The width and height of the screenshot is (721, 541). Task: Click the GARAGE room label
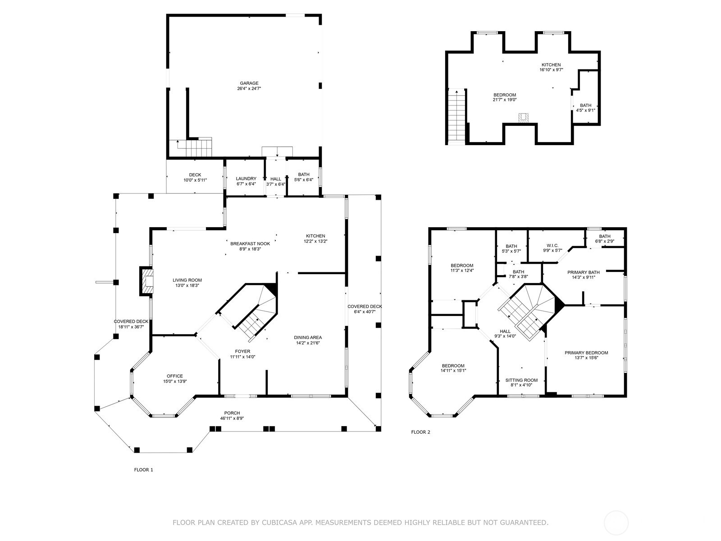[249, 83]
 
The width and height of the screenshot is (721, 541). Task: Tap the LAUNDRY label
[246, 179]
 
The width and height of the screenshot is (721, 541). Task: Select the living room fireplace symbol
[147, 281]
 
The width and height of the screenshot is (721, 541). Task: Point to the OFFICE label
[175, 376]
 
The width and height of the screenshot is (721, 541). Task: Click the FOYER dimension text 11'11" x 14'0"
[242, 357]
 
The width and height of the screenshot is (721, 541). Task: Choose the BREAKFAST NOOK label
[250, 244]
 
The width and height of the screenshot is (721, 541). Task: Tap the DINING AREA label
[308, 337]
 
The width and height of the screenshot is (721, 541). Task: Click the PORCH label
[232, 413]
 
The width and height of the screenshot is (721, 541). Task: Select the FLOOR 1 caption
[144, 470]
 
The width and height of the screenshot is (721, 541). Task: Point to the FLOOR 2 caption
[420, 432]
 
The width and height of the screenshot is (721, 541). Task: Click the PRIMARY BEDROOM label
[586, 353]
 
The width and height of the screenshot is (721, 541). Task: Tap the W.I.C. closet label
[552, 246]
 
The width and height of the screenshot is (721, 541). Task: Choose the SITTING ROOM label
[521, 380]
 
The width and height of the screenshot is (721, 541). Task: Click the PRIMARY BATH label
[584, 272]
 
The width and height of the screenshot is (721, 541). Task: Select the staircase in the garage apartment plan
[456, 117]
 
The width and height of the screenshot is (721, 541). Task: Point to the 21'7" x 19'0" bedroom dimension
[505, 100]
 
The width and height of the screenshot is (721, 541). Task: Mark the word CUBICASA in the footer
[277, 522]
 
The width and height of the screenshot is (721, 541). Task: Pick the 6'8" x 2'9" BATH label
[604, 241]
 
